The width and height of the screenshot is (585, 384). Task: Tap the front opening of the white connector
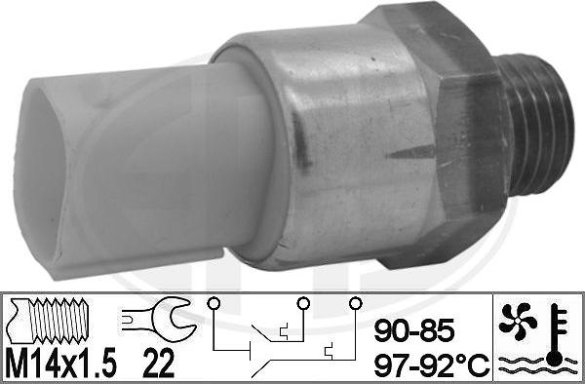45,175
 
